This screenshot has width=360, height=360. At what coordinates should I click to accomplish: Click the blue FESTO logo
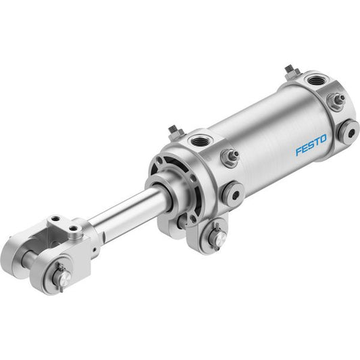[x=311, y=145]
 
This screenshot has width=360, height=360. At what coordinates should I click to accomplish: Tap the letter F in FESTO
[x=299, y=152]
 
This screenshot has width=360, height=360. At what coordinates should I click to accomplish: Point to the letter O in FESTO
[x=324, y=139]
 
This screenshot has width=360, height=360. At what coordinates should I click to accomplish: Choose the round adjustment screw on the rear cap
[x=349, y=132]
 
